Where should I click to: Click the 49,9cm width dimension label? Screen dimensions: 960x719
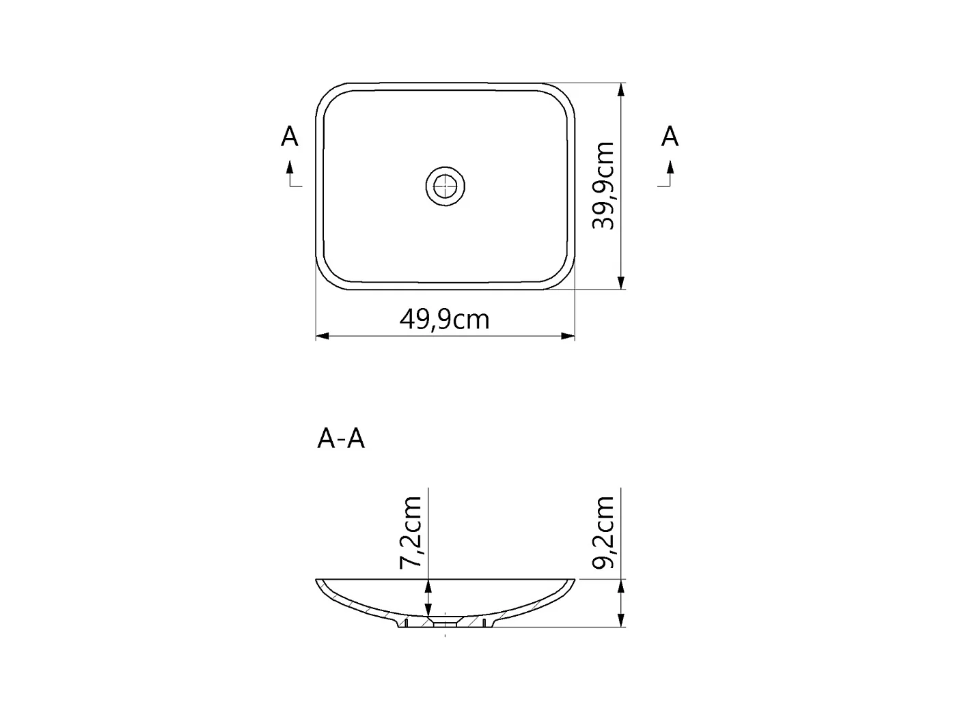pos(444,319)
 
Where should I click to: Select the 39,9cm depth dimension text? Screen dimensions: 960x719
pos(603,186)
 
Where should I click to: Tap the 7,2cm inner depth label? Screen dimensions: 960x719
pos(411,533)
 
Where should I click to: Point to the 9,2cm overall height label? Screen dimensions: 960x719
pos(603,533)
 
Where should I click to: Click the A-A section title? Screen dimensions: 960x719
pos(341,438)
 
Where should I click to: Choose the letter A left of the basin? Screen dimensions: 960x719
pos(290,137)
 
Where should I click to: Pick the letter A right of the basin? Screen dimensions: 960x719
pos(670,137)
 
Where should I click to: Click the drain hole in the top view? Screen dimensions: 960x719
pos(445,186)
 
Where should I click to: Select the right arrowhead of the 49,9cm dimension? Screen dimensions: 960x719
pos(568,336)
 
